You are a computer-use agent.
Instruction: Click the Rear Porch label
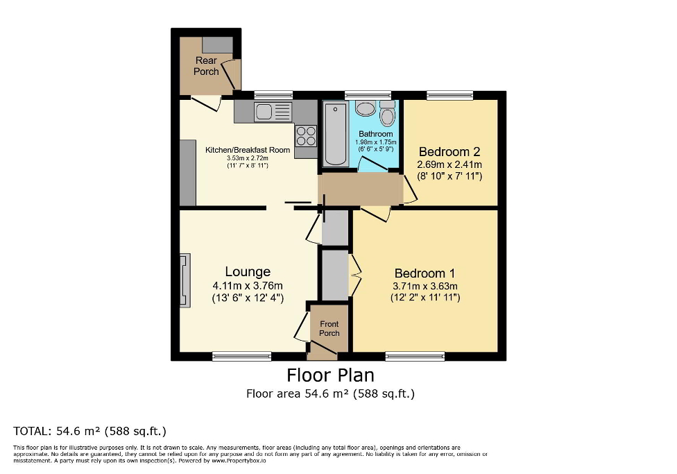click(206, 66)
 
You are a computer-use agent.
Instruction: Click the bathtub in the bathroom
click(336, 133)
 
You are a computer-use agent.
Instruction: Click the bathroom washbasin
click(365, 108)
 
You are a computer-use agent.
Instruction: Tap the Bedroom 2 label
click(449, 151)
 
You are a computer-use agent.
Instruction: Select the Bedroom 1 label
click(425, 273)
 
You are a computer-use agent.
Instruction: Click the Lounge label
click(247, 271)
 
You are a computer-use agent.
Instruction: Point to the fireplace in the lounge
click(184, 280)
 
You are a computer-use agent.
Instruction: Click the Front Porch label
click(329, 328)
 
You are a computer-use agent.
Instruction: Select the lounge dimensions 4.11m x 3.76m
click(248, 286)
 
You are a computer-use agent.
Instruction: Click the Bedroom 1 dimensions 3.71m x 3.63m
click(425, 286)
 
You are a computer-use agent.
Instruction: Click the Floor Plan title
click(331, 375)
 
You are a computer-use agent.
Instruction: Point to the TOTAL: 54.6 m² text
click(90, 430)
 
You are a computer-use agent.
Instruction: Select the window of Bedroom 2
click(449, 95)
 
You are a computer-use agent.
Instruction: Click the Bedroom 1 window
click(414, 357)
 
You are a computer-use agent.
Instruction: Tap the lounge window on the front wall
click(241, 357)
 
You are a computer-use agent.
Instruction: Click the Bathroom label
click(376, 134)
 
